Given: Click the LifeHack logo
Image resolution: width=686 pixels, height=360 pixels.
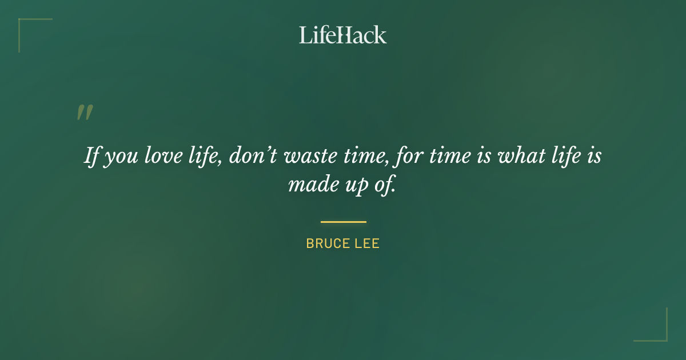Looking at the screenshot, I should [x=343, y=35].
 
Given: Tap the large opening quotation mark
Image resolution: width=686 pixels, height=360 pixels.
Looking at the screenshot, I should [x=84, y=113].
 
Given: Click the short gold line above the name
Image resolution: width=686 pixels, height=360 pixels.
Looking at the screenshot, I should [x=343, y=222].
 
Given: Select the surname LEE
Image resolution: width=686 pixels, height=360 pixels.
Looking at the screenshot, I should [x=367, y=243].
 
